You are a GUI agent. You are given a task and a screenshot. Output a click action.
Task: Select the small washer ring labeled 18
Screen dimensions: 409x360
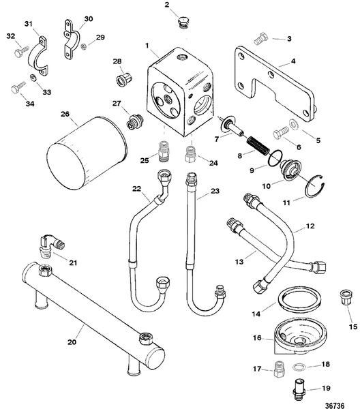[x=297, y=366]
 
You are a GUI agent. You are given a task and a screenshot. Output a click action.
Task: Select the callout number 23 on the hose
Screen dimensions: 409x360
[x=215, y=192]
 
